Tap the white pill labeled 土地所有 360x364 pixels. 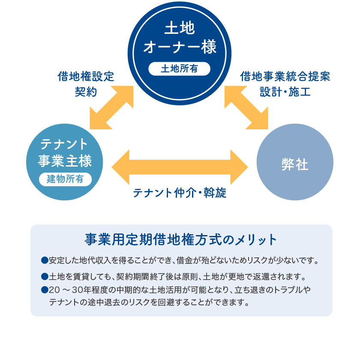(x=180, y=69)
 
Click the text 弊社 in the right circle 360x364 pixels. (x=295, y=164)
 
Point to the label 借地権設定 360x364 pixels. (x=86, y=77)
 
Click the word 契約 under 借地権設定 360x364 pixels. (x=86, y=92)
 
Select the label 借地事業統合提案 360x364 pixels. (x=285, y=77)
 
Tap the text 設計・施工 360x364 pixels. (x=285, y=92)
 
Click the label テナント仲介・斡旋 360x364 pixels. (x=180, y=193)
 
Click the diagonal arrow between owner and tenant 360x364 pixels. (x=112, y=106)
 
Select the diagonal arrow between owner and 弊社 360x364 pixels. (x=246, y=106)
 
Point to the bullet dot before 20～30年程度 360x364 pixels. (x=44, y=290)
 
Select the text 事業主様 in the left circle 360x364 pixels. (x=65, y=161)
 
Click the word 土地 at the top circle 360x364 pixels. (x=180, y=29)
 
